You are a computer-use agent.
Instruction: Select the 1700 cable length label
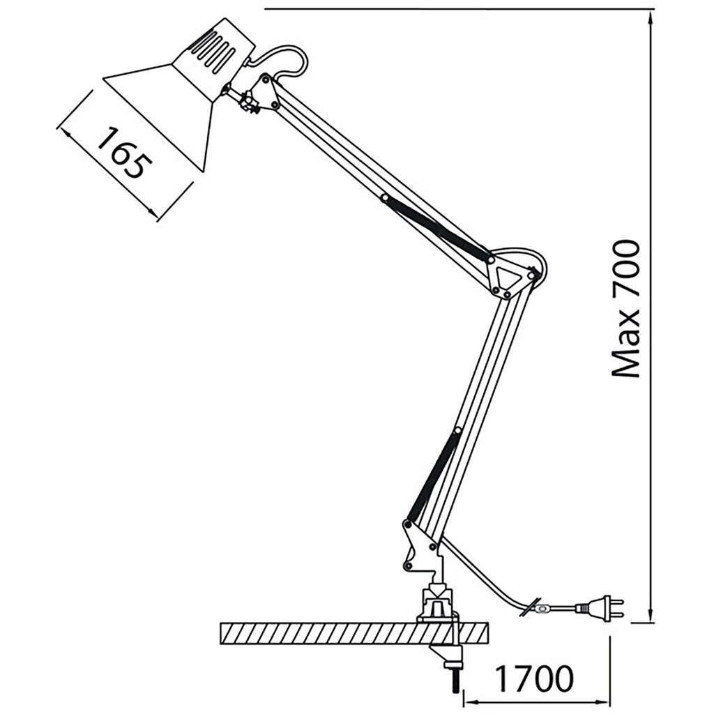[x=535, y=678]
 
